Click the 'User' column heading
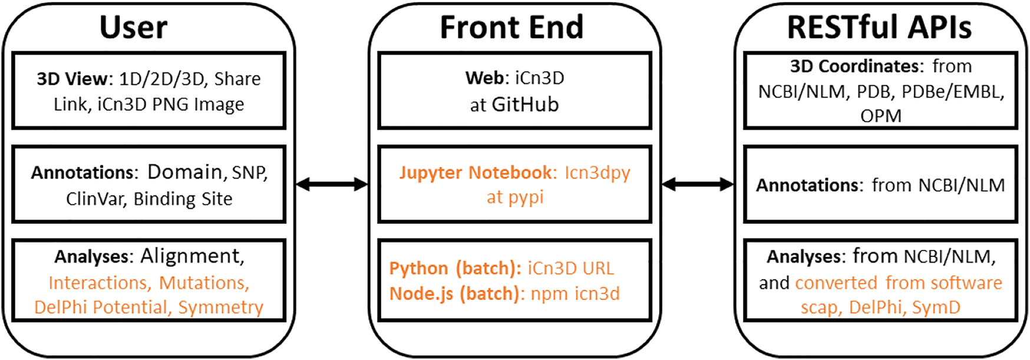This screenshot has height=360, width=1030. point(133,28)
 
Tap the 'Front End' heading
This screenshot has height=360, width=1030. point(511,28)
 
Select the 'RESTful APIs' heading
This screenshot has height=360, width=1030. point(879,28)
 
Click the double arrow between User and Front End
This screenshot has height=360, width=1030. point(332,184)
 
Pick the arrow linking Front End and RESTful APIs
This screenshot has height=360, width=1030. point(698,184)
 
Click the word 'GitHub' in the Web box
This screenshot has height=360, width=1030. point(525,105)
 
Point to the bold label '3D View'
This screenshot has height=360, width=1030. point(72,79)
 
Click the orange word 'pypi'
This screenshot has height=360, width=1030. point(526,198)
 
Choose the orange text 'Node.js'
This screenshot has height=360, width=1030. point(421,293)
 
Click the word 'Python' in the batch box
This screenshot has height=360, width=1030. point(418,269)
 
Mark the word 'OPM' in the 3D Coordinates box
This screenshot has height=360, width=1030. point(880,116)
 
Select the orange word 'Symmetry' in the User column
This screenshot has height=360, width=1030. point(220,308)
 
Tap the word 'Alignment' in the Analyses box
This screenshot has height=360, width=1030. point(192,256)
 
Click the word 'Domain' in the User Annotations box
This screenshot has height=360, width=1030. point(184,172)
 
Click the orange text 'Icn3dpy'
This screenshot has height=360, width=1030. point(597,173)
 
